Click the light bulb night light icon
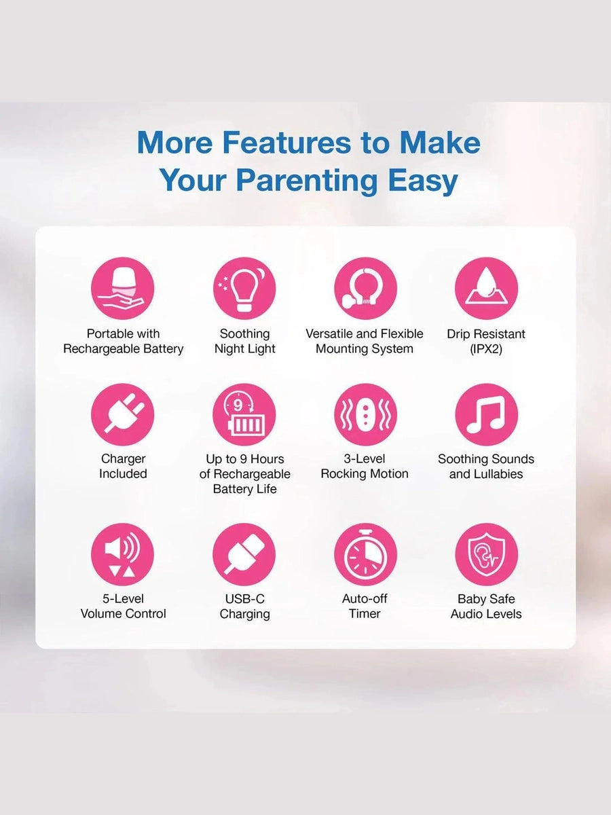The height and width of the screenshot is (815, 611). [244, 289]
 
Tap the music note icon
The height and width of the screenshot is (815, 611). [486, 414]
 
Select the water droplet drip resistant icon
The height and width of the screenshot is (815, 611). [486, 289]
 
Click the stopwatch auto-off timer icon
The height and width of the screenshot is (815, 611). [365, 554]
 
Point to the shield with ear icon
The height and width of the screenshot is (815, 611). [486, 554]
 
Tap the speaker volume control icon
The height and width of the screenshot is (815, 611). [122, 554]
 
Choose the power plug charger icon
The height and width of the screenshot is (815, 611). [122, 414]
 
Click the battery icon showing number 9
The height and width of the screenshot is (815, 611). [244, 414]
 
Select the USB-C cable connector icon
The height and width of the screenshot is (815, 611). [244, 554]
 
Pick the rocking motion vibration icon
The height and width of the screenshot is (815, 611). [365, 414]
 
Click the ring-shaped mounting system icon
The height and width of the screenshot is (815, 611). [365, 289]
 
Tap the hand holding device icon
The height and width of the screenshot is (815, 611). [122, 289]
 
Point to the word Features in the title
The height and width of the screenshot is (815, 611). [286, 143]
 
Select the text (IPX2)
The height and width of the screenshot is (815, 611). [486, 349]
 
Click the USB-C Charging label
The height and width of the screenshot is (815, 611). [245, 606]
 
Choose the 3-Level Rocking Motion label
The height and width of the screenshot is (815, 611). [365, 467]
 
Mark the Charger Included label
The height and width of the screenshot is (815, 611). [123, 467]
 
